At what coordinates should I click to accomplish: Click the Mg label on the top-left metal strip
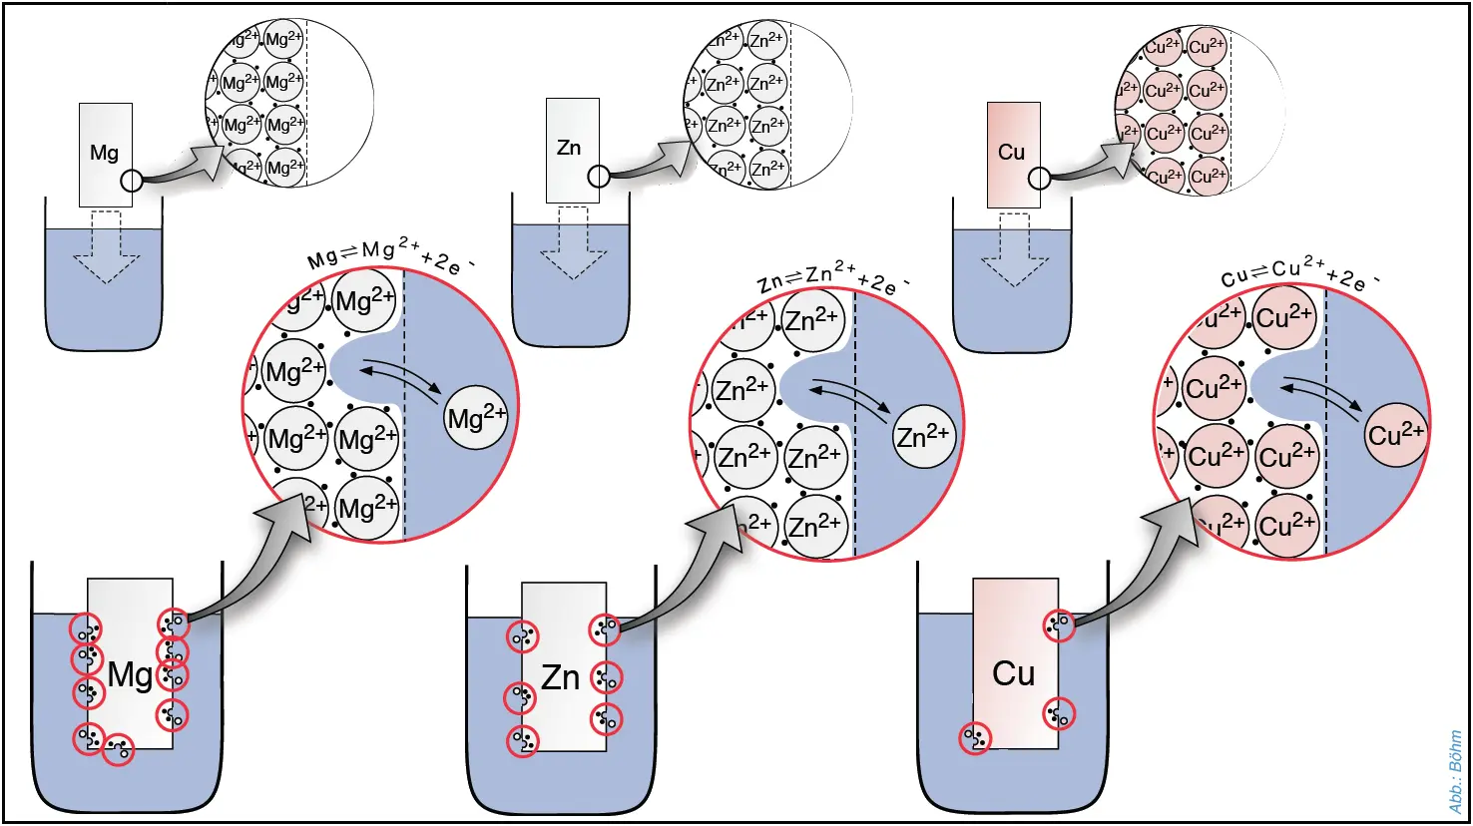104,153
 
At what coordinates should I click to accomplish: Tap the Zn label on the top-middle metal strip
569,148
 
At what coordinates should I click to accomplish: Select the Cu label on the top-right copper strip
1011,152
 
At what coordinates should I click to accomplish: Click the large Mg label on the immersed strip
131,675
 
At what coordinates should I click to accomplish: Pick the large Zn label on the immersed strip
560,677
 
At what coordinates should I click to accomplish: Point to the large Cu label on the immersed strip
1013,673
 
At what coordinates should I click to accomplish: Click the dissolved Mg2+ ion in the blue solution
476,416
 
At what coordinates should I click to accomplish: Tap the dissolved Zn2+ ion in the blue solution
923,436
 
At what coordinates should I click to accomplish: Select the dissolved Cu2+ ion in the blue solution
1396,434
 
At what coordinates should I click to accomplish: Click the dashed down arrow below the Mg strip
107,248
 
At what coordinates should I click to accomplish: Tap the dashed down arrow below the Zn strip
573,244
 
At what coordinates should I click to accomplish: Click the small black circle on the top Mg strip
132,181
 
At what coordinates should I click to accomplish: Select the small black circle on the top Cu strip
1039,179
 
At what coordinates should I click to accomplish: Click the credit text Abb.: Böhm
1455,771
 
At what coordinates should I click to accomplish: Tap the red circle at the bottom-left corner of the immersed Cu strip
975,738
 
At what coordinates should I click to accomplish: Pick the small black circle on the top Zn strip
598,177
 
